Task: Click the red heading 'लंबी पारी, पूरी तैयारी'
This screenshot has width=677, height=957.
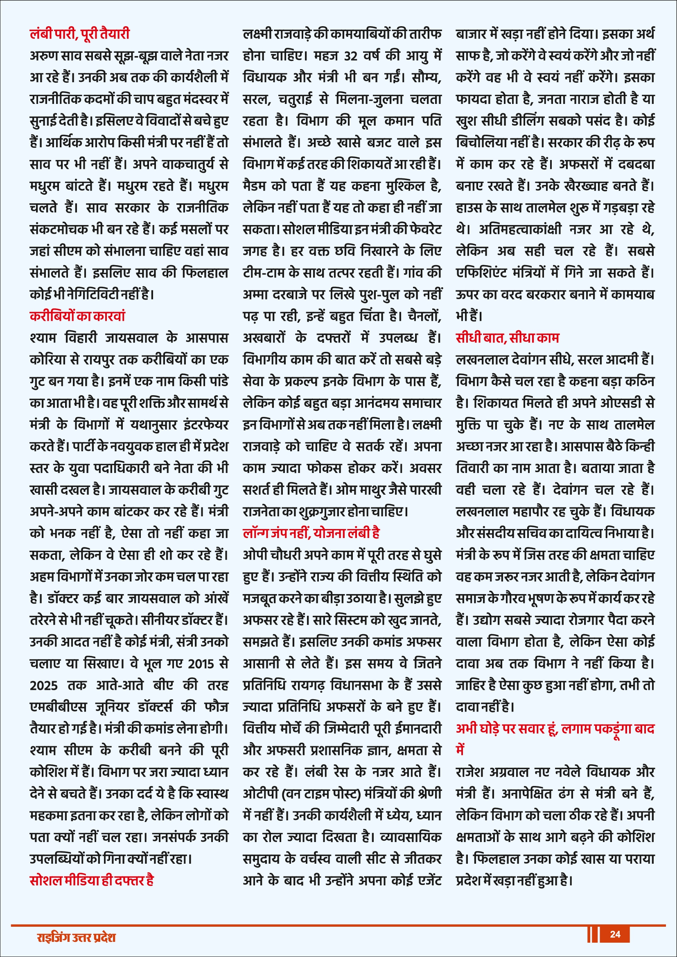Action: coord(80,33)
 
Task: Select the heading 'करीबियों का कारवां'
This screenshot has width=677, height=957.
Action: coord(77,316)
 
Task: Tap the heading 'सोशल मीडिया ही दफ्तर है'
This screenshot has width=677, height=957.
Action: coord(92,880)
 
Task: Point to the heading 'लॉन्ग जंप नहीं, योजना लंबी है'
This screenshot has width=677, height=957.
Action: coord(311,533)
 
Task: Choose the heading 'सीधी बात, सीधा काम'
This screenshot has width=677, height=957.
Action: coord(507,338)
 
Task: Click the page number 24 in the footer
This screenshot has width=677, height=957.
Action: coord(615,934)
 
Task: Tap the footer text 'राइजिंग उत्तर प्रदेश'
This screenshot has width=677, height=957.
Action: coord(76,937)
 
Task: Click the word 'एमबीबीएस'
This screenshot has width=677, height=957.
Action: coord(59,707)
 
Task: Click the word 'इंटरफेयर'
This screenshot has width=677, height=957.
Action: coord(206,425)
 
